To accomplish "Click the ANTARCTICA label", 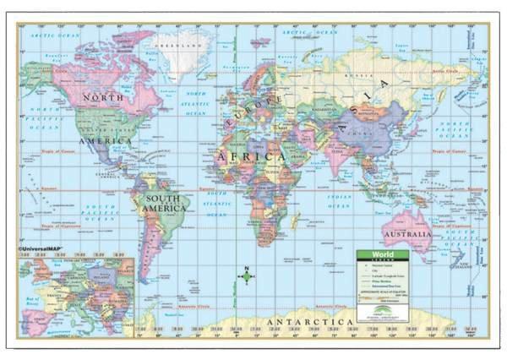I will tap(308, 323).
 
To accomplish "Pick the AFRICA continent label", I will tap(248, 156).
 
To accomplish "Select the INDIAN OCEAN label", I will tap(338, 199).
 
